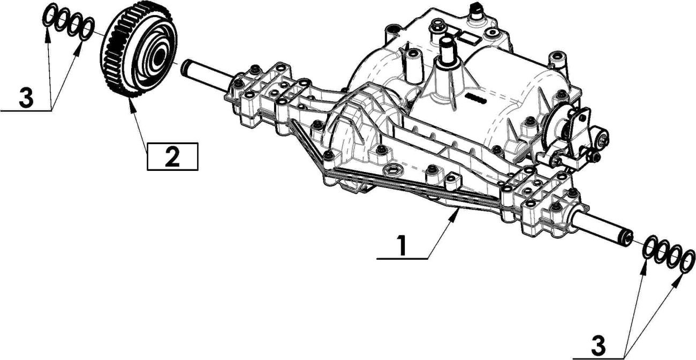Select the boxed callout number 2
[x=172, y=156]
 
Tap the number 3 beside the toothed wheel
[x=26, y=98]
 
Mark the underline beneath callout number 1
[x=402, y=259]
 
